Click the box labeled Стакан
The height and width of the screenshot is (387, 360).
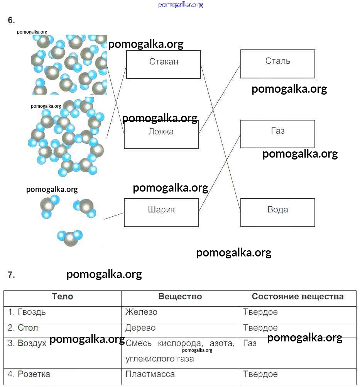[x=164, y=64]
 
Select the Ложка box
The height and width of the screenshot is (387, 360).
[x=161, y=134]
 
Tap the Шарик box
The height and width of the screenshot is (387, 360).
[x=161, y=212]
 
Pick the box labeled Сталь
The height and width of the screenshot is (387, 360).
[x=277, y=64]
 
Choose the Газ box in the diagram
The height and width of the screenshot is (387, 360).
[x=277, y=134]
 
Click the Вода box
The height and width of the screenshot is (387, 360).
[x=277, y=212]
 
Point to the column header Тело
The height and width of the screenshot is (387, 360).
[x=63, y=297]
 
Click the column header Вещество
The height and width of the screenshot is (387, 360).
[x=180, y=297]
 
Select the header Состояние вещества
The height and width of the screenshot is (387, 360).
[x=297, y=297]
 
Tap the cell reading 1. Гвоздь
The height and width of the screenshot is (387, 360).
[x=27, y=312]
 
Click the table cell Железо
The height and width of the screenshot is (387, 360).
[x=141, y=312]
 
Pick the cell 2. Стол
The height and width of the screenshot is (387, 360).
[x=23, y=328]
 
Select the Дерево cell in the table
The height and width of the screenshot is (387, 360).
[x=140, y=328]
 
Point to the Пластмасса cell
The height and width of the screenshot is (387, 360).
[x=150, y=374]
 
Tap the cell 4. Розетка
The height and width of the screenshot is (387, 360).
[x=29, y=374]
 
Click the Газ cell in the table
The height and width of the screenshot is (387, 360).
[x=250, y=343]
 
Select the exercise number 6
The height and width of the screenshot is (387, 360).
[x=11, y=20]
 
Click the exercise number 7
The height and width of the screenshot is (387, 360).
[x=11, y=275]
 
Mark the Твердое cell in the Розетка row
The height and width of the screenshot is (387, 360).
[x=260, y=374]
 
